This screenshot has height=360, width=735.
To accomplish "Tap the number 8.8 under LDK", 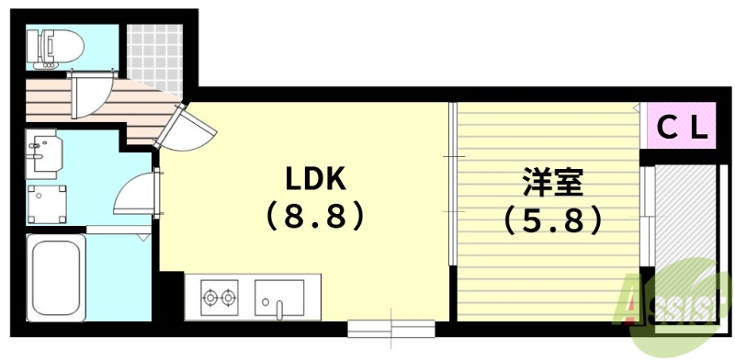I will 315,217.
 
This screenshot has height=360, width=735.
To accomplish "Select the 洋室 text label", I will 551,182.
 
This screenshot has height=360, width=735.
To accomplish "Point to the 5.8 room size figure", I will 553,220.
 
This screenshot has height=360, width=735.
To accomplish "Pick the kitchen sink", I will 279,298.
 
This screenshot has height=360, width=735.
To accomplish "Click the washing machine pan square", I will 46,201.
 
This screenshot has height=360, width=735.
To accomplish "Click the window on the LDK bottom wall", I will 390,325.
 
